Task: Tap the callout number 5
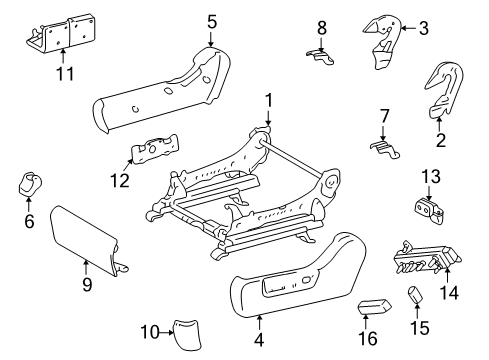pos(212,19)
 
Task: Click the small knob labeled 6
pos(28,185)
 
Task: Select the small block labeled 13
pos(428,208)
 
